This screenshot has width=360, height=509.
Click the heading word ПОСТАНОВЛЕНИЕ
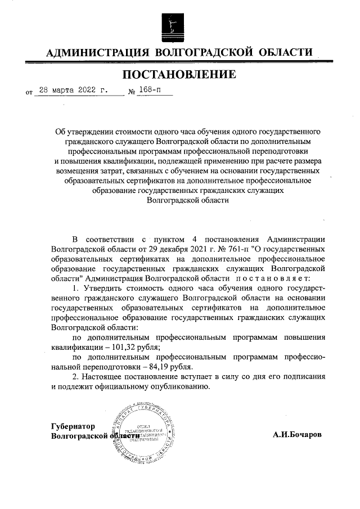[x=179, y=74]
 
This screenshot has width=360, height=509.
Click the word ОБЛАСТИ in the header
[x=285, y=53]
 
